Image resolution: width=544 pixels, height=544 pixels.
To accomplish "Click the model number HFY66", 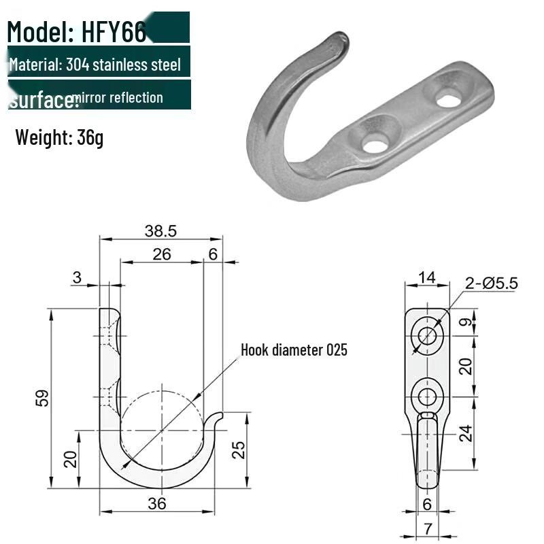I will coord(112,31).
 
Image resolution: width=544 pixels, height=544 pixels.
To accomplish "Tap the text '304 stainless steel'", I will coord(124,65).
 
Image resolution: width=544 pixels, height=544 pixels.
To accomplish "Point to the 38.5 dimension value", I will coord(160,231).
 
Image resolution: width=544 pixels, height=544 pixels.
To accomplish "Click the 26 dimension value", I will coord(161,254).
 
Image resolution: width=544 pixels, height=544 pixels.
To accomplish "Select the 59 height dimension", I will coord(42,398).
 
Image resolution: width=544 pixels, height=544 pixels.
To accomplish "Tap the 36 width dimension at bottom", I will coord(157,503).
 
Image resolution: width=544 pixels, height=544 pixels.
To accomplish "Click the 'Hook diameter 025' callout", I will coord(294,350).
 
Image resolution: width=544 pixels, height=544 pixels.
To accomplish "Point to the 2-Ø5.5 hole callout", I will coord(492,283).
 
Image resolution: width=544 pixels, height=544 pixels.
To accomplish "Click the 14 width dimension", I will coord(426,277).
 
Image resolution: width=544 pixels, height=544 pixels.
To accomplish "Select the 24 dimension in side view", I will coord(465,433).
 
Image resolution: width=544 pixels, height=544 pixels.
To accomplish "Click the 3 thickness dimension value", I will coord(76,277).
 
